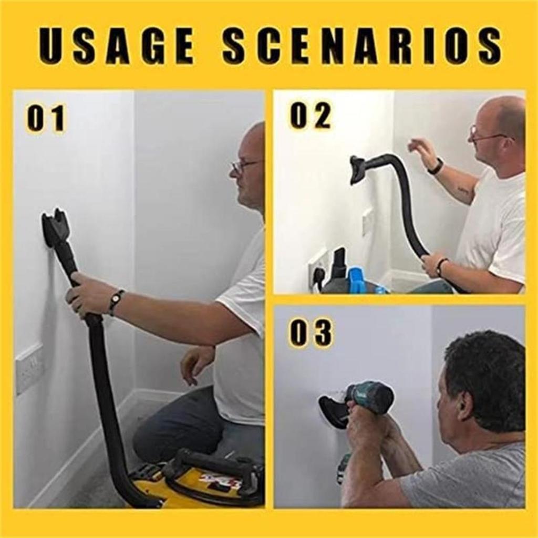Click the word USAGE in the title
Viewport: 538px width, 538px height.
[117, 46]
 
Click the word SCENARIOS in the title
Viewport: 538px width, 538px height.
[362, 46]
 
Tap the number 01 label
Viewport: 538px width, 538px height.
[46, 119]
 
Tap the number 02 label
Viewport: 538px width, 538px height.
[310, 116]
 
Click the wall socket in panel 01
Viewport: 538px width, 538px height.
[29, 368]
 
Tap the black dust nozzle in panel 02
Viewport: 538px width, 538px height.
[359, 169]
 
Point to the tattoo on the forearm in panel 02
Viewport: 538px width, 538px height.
[463, 190]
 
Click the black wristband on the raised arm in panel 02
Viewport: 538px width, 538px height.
[435, 167]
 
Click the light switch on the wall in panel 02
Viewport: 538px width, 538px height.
[367, 221]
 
